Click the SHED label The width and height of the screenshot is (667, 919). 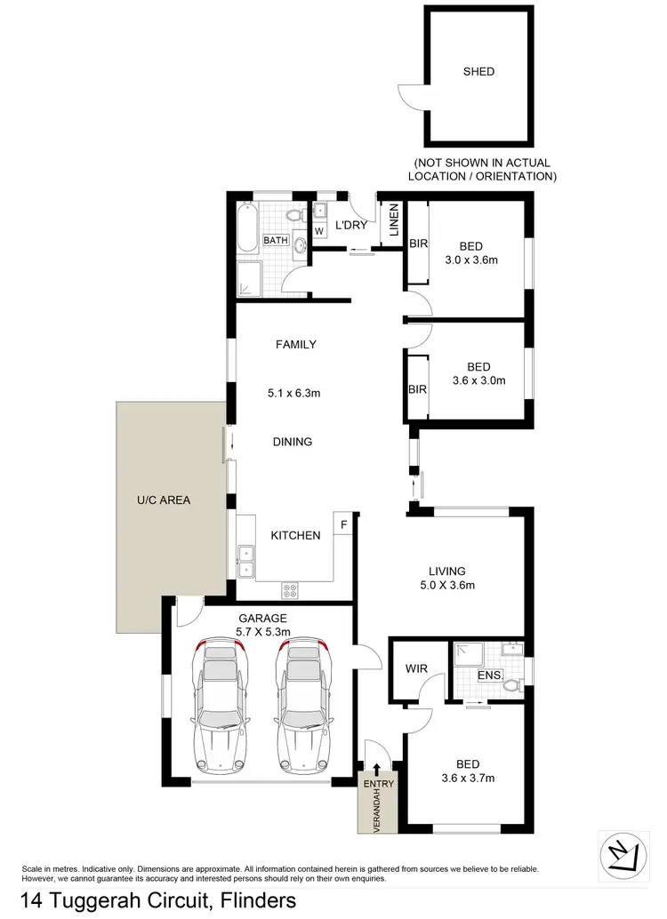click(478, 72)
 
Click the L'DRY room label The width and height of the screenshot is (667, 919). click(350, 225)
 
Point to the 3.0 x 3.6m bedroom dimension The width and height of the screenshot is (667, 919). click(470, 260)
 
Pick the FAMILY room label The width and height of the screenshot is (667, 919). click(295, 344)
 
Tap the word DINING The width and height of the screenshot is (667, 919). click(293, 441)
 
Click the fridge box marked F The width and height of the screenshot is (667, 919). click(343, 523)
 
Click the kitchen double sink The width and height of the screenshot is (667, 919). click(245, 561)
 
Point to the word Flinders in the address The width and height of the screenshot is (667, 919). click(253, 901)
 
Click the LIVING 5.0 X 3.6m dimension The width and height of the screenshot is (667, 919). click(447, 585)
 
